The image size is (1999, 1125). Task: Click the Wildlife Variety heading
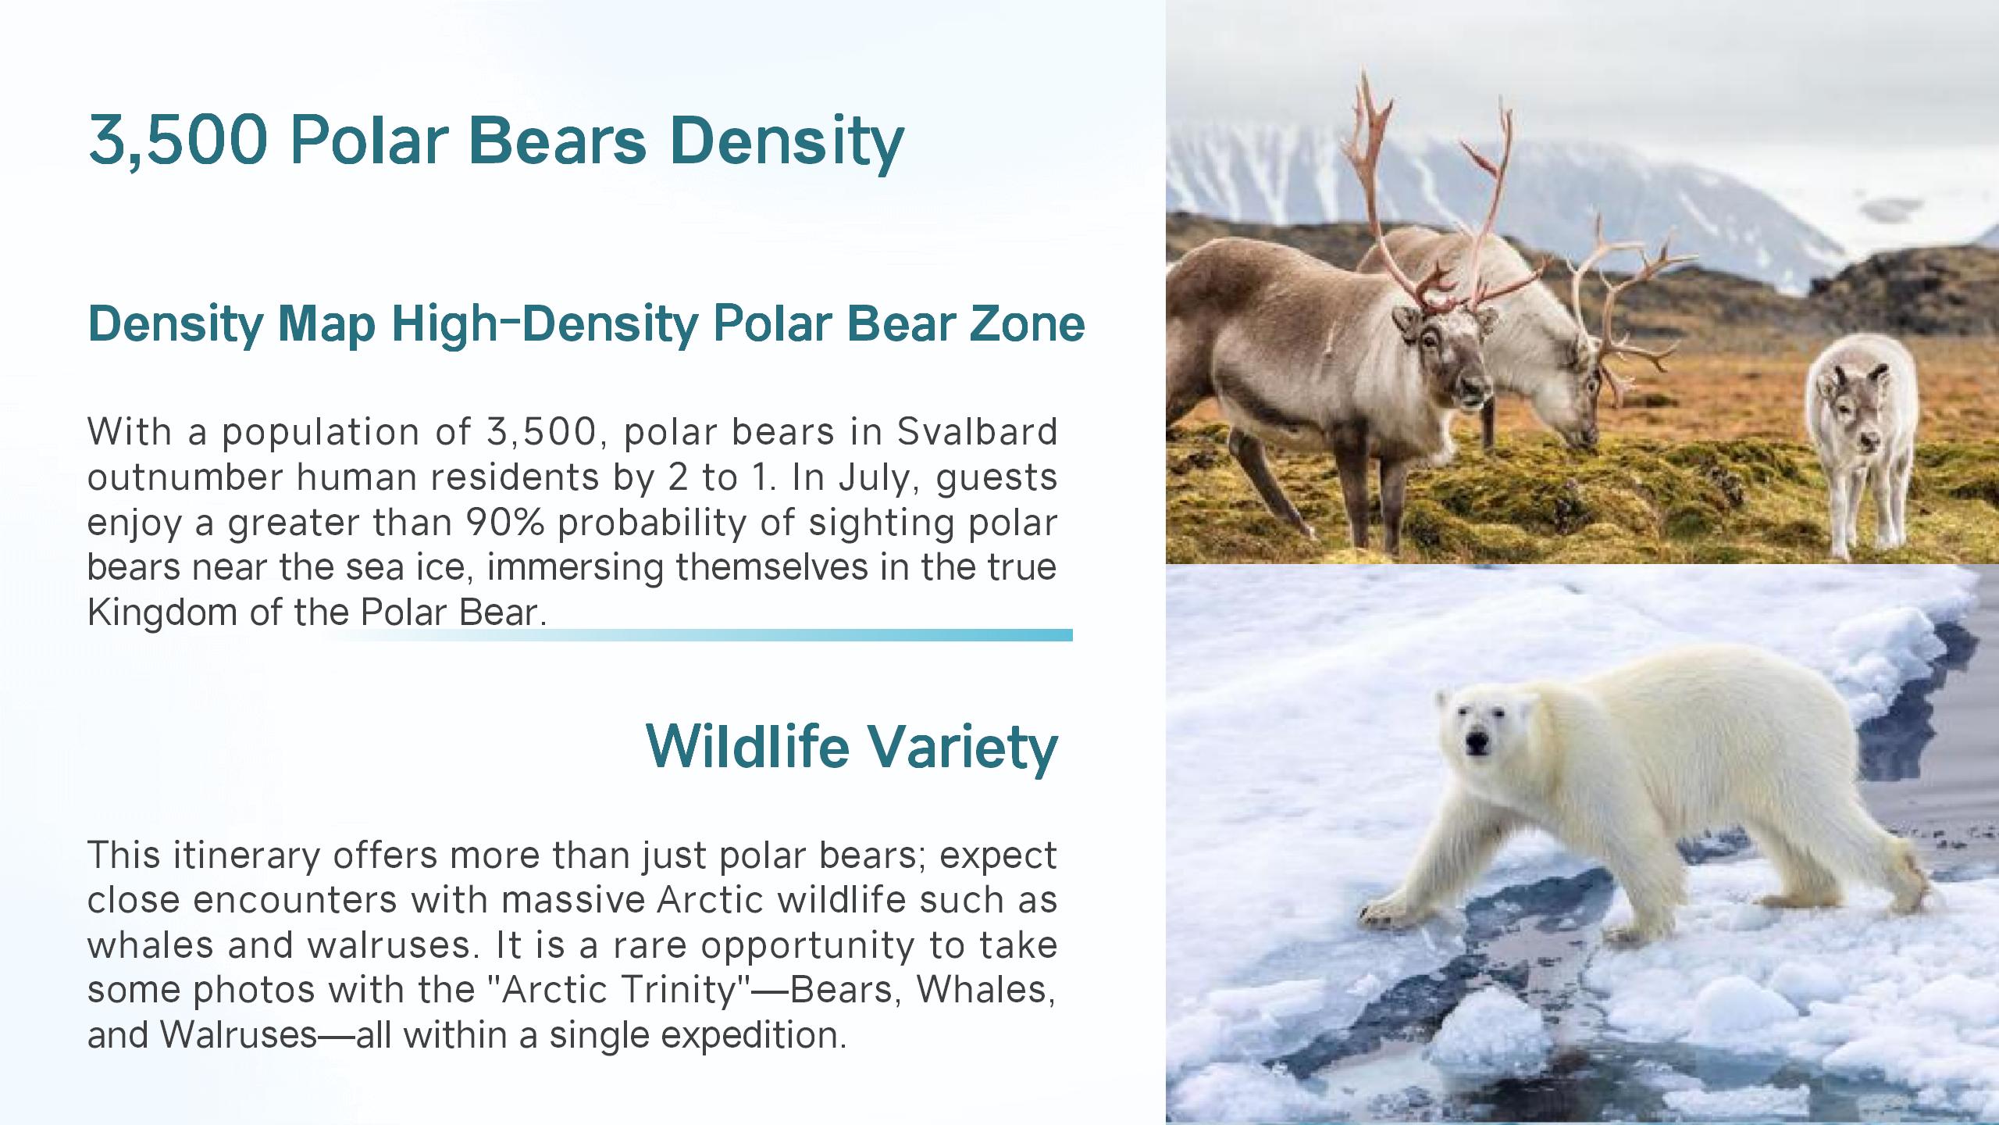click(852, 747)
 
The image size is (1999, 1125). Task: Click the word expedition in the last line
click(754, 1035)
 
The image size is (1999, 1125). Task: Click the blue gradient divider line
click(700, 635)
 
